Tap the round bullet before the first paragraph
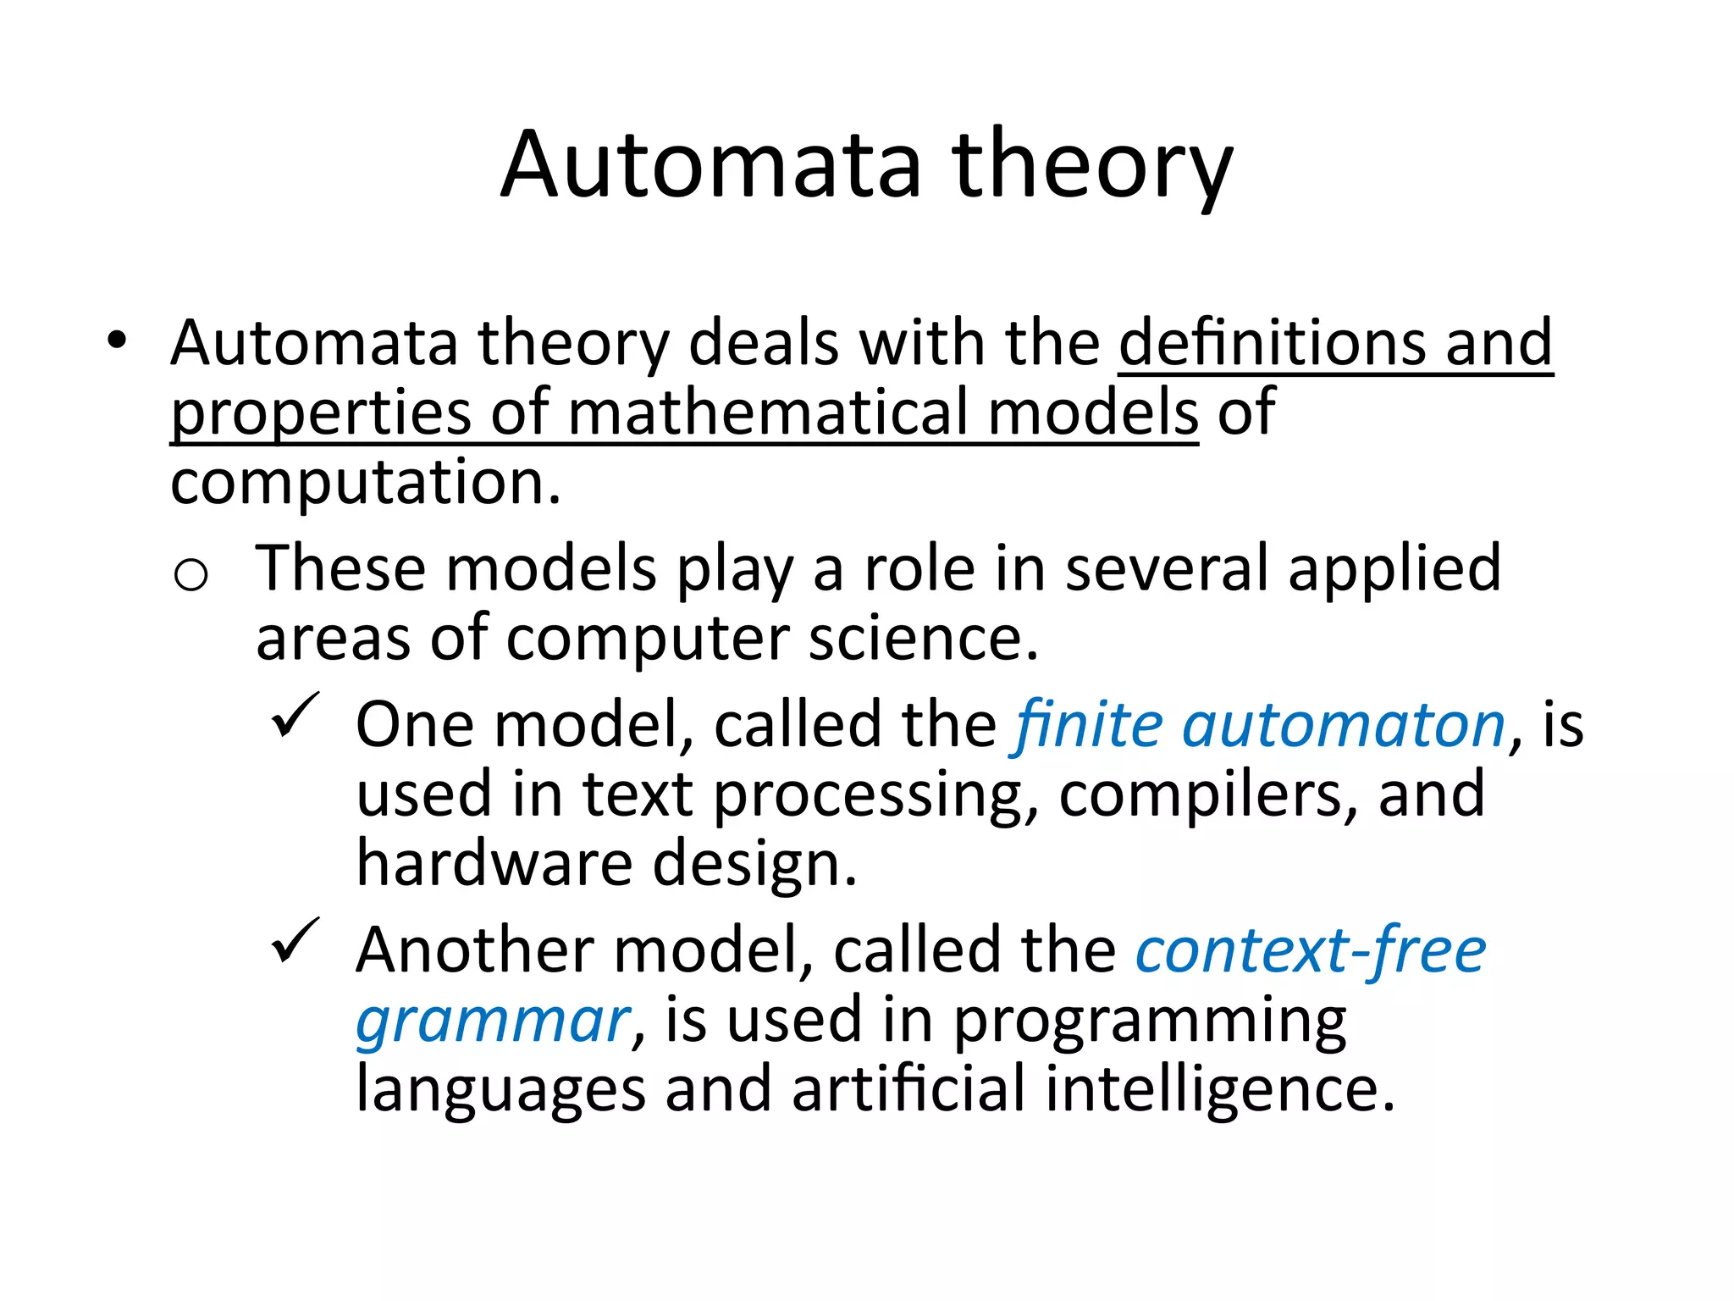coord(117,341)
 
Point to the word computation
coord(366,483)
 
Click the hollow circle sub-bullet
coord(191,575)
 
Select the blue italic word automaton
coord(1344,727)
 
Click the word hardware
coord(494,864)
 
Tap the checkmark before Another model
coord(295,940)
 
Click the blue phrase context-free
coord(1310,950)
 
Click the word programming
coord(1150,1021)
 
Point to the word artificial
coord(908,1090)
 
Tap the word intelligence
coord(1218,1090)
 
